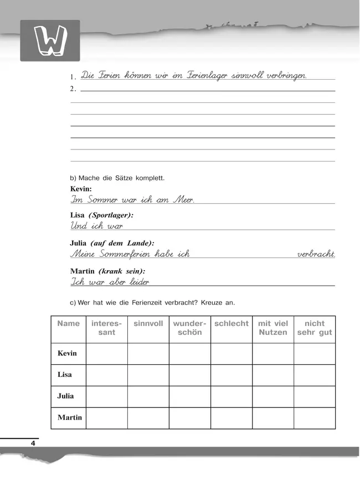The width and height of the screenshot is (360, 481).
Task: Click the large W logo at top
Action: [x=50, y=41]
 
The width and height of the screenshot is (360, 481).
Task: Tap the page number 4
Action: [x=33, y=443]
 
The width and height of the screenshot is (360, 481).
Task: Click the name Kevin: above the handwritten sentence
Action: [x=81, y=189]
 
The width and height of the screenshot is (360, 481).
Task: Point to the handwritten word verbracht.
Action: [x=316, y=254]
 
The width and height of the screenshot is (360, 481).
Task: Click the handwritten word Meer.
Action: [x=184, y=200]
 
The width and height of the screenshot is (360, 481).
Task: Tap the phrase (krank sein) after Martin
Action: [x=122, y=271]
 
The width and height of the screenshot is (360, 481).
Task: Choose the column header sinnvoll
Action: [x=148, y=323]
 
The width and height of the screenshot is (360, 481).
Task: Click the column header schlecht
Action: [x=232, y=323]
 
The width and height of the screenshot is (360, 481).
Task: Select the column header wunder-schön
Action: [x=190, y=328]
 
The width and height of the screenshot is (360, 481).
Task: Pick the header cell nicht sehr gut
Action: [x=315, y=328]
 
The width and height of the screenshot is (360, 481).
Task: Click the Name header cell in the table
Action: [x=68, y=323]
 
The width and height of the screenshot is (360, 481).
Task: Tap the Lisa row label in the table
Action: [x=65, y=375]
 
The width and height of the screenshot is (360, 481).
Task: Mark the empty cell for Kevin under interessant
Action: [x=106, y=354]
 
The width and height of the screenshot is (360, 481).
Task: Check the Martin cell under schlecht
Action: [x=232, y=418]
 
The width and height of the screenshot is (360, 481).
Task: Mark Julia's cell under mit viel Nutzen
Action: [x=273, y=396]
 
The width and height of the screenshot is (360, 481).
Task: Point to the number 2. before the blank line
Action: [x=74, y=89]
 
